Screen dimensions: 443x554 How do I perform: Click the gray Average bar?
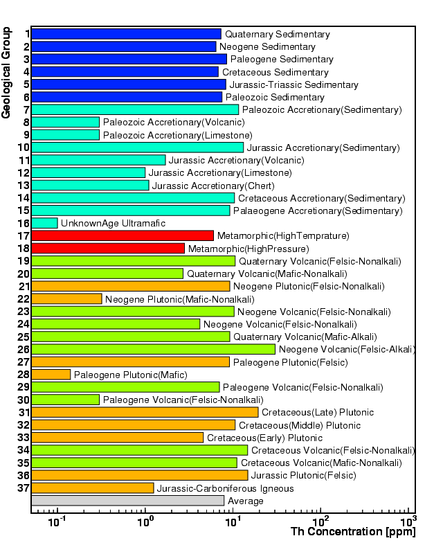point(127,501)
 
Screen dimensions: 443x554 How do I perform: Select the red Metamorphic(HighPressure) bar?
point(108,249)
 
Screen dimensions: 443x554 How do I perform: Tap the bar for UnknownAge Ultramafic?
point(44,223)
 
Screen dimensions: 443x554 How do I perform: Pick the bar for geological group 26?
point(153,349)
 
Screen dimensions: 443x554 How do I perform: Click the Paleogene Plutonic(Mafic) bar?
point(51,375)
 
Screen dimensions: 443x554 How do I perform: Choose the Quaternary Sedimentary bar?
point(126,34)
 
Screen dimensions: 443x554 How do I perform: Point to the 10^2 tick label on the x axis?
point(320,521)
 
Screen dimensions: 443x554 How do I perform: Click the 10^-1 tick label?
point(57,521)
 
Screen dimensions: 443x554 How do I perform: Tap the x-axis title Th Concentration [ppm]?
point(353,532)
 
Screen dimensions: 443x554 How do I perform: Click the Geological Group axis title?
point(6,73)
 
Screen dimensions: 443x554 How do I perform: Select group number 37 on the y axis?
point(24,488)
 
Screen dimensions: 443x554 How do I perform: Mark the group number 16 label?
point(24,223)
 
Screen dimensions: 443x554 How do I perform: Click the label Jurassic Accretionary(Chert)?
point(213,186)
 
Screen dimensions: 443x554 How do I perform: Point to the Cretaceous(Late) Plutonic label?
point(318,412)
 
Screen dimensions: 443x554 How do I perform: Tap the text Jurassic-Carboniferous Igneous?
point(226,488)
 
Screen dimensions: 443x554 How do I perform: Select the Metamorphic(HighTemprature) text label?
point(283,235)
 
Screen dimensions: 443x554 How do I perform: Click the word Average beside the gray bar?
point(246,501)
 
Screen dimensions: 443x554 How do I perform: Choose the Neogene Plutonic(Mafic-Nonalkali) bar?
point(66,299)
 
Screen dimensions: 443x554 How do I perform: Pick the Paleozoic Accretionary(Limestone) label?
point(178,135)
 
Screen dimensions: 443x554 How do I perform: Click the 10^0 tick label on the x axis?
point(145,521)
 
